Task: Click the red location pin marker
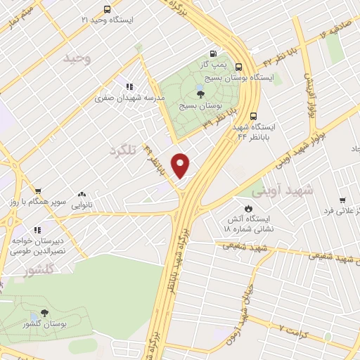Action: [181, 165]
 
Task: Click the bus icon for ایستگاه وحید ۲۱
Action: [107, 10]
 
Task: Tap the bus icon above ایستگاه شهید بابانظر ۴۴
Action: [254, 117]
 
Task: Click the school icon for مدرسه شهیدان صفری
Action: [127, 86]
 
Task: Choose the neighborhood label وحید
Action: [77, 59]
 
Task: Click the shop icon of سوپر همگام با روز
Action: [38, 191]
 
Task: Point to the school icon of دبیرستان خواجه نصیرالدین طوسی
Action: [37, 229]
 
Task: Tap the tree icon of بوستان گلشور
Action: [45, 313]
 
